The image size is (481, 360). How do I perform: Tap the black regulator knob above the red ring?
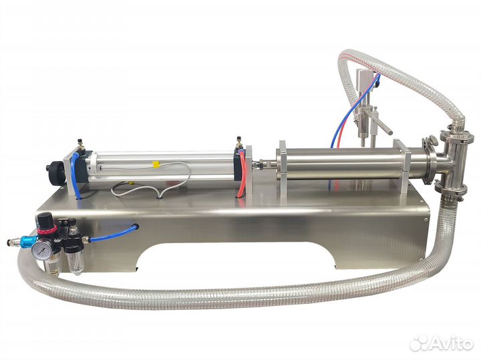(x=44, y=218)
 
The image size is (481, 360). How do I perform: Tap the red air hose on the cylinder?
(x=243, y=174)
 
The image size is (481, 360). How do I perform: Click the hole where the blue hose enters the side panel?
(x=136, y=227)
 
